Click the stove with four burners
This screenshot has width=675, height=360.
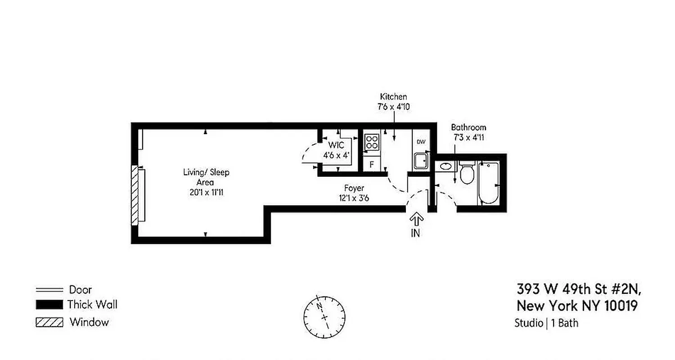click(372, 142)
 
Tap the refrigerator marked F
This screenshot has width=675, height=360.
click(372, 164)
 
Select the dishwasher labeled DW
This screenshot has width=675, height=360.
click(421, 142)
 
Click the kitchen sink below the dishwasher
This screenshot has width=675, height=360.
click(421, 161)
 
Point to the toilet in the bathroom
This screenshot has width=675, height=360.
click(467, 173)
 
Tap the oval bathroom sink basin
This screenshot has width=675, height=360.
click(445, 166)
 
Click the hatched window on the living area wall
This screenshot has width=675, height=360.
click(135, 195)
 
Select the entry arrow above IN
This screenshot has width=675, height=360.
click(416, 220)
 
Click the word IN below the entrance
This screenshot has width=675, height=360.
click(416, 234)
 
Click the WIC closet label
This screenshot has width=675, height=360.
click(336, 145)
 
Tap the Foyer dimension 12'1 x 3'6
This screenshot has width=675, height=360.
click(354, 198)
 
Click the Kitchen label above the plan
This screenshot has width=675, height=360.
click(393, 97)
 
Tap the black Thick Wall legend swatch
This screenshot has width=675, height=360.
click(49, 305)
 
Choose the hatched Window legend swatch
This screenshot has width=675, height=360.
click(49, 322)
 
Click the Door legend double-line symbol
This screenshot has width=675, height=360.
click(49, 290)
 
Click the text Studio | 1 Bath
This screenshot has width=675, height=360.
click(546, 323)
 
